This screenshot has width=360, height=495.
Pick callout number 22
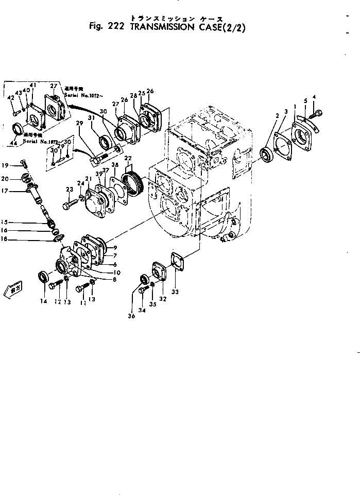tap(128, 157)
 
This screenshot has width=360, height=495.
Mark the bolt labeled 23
tap(70, 206)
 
